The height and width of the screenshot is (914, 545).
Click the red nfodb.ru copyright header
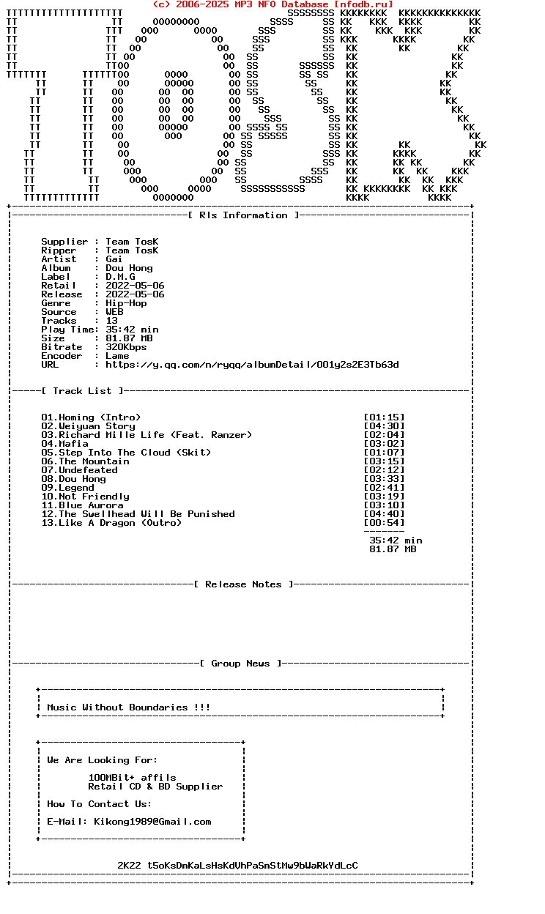click(x=272, y=4)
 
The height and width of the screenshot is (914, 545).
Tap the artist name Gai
click(x=114, y=259)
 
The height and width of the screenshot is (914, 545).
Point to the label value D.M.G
click(x=120, y=277)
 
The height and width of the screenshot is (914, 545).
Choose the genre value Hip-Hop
click(x=126, y=303)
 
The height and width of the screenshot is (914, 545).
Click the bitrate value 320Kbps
click(x=126, y=347)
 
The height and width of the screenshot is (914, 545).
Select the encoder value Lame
click(x=117, y=356)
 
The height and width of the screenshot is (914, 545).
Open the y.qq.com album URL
click(x=252, y=365)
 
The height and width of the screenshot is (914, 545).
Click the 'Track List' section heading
click(x=82, y=391)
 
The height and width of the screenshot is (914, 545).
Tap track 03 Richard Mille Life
click(x=147, y=435)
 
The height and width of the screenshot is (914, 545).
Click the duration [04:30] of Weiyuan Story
click(x=384, y=426)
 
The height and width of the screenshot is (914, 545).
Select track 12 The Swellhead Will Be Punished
click(x=138, y=514)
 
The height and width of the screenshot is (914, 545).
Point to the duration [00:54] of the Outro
click(x=384, y=523)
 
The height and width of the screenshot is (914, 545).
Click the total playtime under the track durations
click(x=396, y=540)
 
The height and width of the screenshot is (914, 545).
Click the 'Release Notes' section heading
click(x=243, y=584)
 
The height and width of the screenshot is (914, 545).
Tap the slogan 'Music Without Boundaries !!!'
click(x=129, y=707)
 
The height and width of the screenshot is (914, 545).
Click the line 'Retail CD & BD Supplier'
click(x=155, y=787)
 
